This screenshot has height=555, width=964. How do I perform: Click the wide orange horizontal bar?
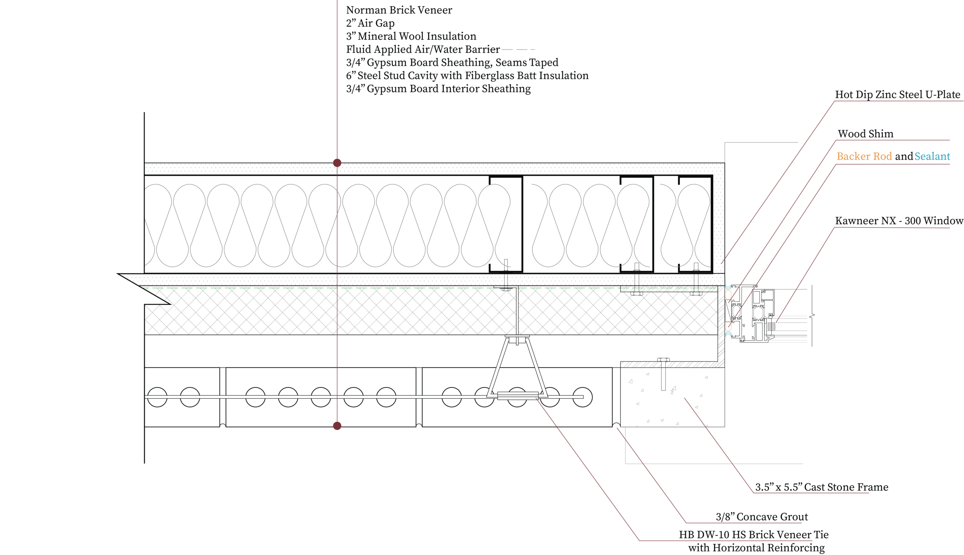(x=865, y=157)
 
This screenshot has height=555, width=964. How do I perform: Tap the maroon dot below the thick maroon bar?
(x=337, y=162)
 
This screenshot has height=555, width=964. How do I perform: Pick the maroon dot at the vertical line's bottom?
(x=337, y=426)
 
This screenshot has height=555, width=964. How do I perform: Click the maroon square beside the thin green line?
(x=340, y=291)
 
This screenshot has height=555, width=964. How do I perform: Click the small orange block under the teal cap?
(x=728, y=294)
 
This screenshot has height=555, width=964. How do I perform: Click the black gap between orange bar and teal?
(x=905, y=158)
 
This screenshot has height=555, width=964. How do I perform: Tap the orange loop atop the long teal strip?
(x=728, y=327)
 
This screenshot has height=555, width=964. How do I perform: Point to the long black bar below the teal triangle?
(x=898, y=222)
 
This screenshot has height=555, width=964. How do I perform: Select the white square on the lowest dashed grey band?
(x=663, y=365)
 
